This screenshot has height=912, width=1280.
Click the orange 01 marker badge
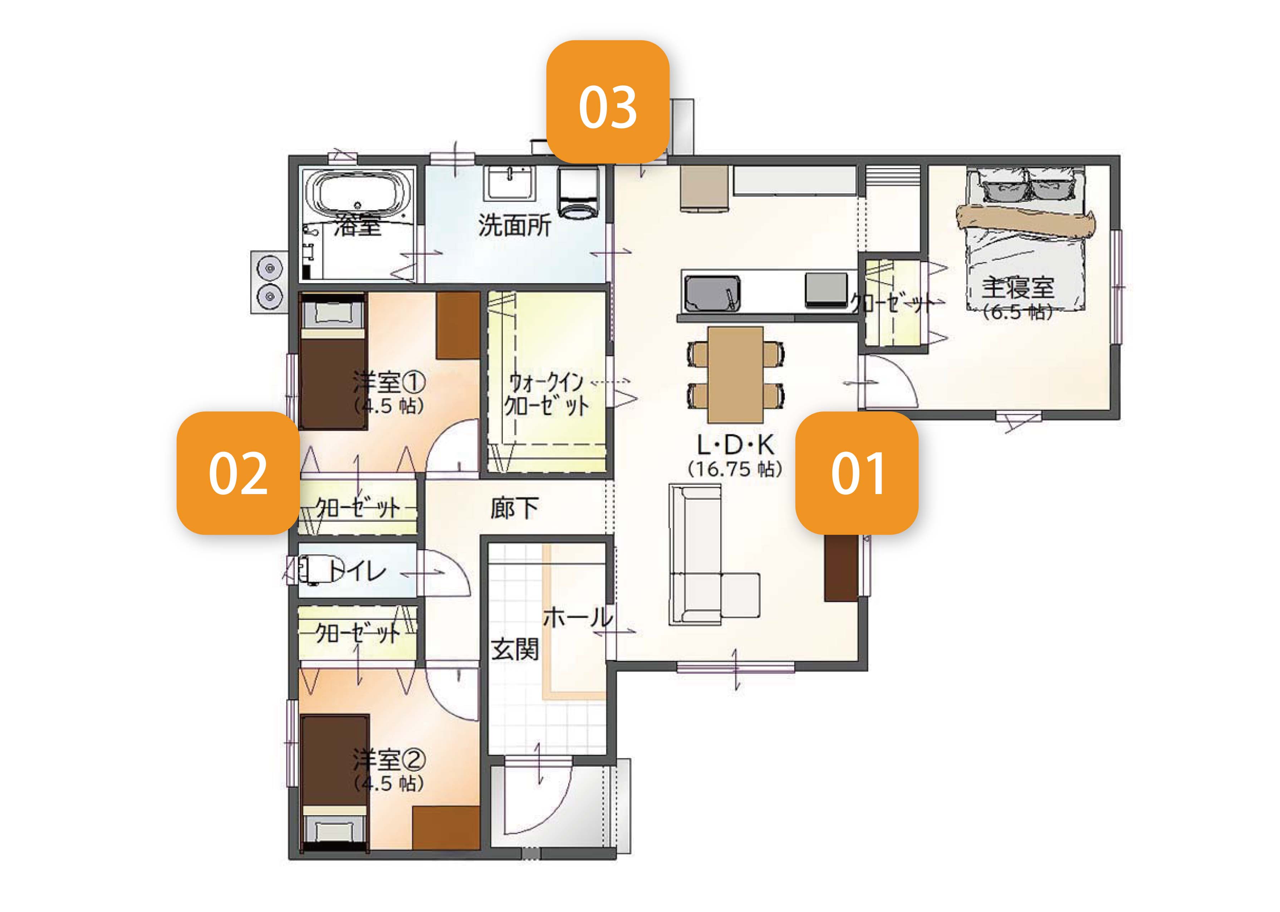tap(857, 473)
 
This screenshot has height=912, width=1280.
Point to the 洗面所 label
tap(515, 225)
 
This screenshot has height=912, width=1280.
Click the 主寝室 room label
tap(1018, 288)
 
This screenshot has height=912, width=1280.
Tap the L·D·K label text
tap(735, 445)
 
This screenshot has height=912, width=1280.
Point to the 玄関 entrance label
tap(515, 650)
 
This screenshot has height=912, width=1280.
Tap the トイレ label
tap(357, 571)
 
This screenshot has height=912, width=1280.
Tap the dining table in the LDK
tap(735, 375)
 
